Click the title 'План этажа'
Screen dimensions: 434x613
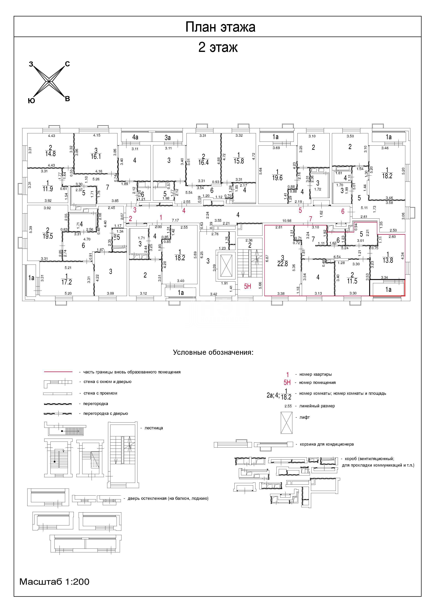click(220, 27)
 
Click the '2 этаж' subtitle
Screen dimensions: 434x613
click(218, 48)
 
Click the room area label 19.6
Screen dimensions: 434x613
click(277, 178)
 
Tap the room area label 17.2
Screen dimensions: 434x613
click(67, 282)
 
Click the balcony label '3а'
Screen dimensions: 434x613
click(168, 138)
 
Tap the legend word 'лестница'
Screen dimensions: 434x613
click(154, 428)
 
